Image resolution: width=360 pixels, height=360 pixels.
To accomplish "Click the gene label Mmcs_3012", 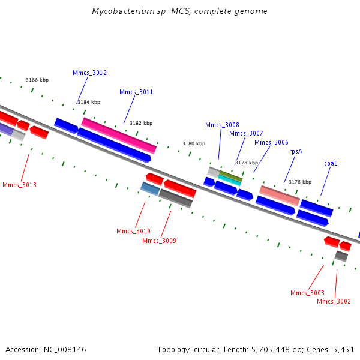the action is click(x=89, y=73).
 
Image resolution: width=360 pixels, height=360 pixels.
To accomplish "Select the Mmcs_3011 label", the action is click(x=136, y=92).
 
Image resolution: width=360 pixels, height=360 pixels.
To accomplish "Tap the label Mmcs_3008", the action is click(x=222, y=125).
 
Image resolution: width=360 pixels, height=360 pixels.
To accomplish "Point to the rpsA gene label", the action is click(x=296, y=152).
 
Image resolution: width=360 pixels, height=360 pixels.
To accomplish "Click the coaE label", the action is click(x=331, y=163).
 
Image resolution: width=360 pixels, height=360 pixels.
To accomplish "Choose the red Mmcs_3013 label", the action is click(x=20, y=185).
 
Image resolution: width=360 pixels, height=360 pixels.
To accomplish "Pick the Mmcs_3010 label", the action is click(x=133, y=231).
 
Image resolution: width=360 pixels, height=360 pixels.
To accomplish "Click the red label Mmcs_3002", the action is click(x=334, y=301).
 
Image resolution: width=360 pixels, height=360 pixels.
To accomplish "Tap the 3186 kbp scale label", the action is click(x=37, y=80).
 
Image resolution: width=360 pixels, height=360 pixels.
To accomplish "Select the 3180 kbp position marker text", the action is click(x=194, y=143).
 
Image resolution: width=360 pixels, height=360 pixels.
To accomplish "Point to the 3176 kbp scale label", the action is click(x=300, y=182).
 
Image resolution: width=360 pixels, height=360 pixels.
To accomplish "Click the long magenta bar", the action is click(x=119, y=136).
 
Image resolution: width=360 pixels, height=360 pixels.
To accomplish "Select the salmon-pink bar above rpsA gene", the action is click(x=280, y=196).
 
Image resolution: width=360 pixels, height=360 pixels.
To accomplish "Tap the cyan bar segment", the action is click(x=229, y=180).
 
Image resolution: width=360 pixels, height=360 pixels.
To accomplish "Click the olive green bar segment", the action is click(x=231, y=176).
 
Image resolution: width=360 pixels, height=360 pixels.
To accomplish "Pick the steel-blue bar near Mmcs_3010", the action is click(x=150, y=189).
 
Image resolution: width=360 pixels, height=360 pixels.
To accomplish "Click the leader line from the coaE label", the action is click(x=326, y=181).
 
